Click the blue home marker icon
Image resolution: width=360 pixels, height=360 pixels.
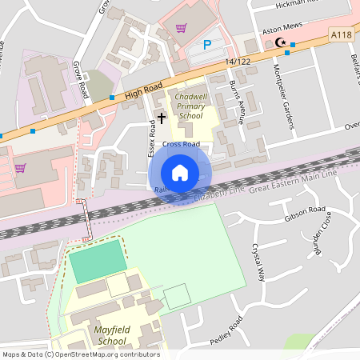(x=180, y=173)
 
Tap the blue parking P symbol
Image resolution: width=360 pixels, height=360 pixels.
(x=207, y=46)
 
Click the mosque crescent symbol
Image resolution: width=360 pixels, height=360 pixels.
(x=279, y=42)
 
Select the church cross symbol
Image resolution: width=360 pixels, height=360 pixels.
(x=162, y=118)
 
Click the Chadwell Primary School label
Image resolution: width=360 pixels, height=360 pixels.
(x=190, y=106)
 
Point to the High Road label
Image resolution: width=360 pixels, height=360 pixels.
(x=143, y=88)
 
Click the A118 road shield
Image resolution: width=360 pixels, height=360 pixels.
(x=341, y=34)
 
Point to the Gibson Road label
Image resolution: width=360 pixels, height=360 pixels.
(x=305, y=214)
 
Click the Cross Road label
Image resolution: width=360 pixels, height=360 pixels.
(x=181, y=145)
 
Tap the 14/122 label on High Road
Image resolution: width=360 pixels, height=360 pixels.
(x=238, y=62)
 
